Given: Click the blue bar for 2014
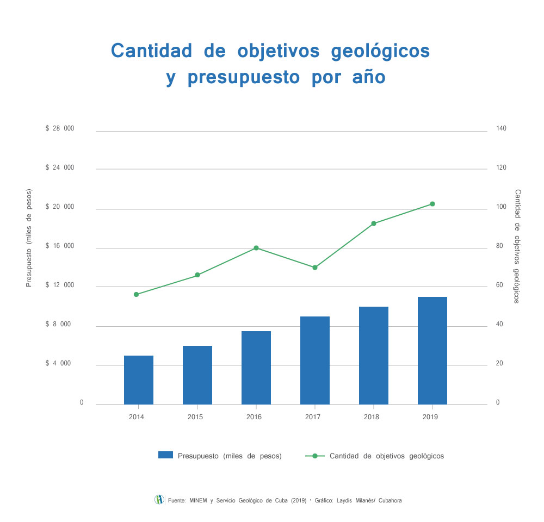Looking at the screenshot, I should click(x=139, y=380).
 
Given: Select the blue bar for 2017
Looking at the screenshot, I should click(x=315, y=360).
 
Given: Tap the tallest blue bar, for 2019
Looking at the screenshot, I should click(x=432, y=350).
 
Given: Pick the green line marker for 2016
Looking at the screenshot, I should click(x=256, y=248).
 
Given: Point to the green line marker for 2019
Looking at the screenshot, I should click(x=432, y=204).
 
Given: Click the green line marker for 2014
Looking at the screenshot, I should click(x=137, y=294).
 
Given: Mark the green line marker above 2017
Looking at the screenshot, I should click(x=315, y=268).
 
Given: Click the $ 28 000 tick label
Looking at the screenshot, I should click(x=60, y=129).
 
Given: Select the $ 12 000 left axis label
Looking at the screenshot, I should click(x=60, y=285).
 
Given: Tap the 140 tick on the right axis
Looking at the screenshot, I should click(x=501, y=129).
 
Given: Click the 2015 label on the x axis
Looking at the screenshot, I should click(x=195, y=417).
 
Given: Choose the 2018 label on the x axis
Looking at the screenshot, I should click(x=372, y=417).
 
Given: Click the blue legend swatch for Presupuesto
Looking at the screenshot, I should click(x=165, y=455).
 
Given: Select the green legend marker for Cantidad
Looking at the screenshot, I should click(x=315, y=455).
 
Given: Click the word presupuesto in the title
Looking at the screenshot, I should click(x=244, y=77).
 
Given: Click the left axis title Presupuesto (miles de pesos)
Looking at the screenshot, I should click(x=29, y=238).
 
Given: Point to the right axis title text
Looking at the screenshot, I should click(x=517, y=246).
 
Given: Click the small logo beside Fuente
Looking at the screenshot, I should click(x=159, y=500).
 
